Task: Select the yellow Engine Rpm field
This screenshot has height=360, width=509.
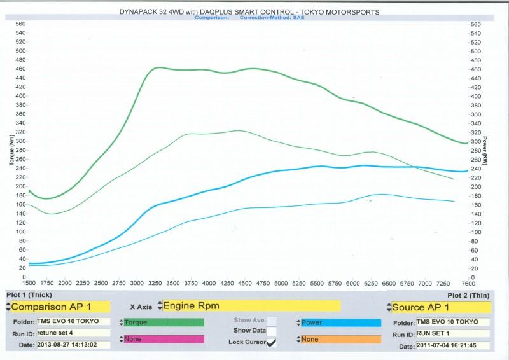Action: (251, 305)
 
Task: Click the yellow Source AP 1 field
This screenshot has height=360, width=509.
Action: (441, 307)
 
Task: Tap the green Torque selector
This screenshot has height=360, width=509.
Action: (164, 322)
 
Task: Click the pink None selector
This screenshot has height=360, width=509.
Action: (164, 339)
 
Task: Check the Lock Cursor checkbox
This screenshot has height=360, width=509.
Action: (272, 342)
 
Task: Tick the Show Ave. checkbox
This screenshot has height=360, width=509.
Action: (272, 321)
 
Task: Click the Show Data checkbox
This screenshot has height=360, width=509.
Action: (272, 331)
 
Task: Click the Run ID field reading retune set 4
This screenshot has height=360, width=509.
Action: (69, 333)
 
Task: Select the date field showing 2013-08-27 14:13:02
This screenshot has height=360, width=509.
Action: (69, 345)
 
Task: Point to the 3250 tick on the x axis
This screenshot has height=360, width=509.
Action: (155, 283)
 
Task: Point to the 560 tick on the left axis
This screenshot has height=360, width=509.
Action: (20, 24)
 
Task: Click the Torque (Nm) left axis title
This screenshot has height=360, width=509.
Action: (11, 152)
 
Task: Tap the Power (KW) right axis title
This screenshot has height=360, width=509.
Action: (484, 150)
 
